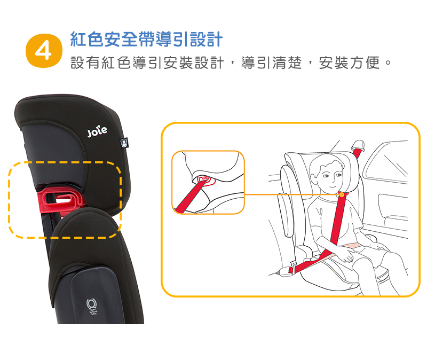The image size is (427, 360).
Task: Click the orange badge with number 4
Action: [x=44, y=51]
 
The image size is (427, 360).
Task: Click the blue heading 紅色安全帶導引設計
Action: [x=146, y=39]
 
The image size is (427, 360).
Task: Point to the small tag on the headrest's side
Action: [x=124, y=143]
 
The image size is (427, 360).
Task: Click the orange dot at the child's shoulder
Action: [x=342, y=194]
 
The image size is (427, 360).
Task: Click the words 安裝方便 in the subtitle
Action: [x=349, y=63]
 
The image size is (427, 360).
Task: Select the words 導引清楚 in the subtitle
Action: [x=272, y=63]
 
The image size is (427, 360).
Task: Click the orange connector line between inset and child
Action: [x=291, y=194]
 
